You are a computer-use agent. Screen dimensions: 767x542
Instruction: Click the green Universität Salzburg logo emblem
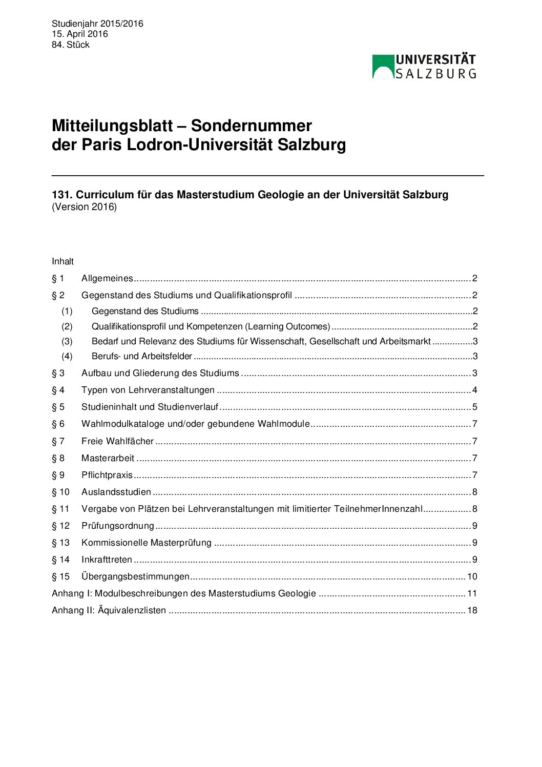pos(382,67)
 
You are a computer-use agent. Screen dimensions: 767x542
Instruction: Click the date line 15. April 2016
pos(79,34)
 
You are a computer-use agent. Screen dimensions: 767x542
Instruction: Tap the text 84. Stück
pos(71,45)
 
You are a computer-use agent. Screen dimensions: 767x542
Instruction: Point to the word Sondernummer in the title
pos(251,126)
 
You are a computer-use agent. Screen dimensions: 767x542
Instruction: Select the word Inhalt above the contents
pos(62,261)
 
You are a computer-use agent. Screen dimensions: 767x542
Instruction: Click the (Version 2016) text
pos(84,207)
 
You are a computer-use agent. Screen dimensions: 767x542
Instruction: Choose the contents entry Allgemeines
pos(107,278)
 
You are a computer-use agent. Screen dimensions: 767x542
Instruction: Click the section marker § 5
pos(58,407)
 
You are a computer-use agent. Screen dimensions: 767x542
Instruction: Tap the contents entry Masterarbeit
pos(108,458)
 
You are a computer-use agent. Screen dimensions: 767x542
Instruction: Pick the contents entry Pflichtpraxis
pos(107,475)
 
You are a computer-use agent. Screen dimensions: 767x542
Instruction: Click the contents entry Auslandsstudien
pos(116,492)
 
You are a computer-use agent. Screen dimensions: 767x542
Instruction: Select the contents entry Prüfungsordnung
pos(117,526)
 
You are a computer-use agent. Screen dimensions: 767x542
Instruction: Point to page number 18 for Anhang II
pos(472,610)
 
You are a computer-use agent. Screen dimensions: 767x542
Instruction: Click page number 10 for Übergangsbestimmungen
pos(472,576)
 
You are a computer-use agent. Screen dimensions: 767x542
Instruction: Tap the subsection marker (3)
pos(67,341)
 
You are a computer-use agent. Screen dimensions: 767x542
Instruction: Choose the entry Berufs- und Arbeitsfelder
pos(141,356)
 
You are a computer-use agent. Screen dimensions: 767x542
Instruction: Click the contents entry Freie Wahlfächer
pos(117,441)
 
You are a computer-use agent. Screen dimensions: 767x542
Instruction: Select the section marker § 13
pos(60,543)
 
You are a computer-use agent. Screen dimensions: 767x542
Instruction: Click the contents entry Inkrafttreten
pos(107,559)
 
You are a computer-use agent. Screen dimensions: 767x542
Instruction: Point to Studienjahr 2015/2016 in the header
pos(97,24)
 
